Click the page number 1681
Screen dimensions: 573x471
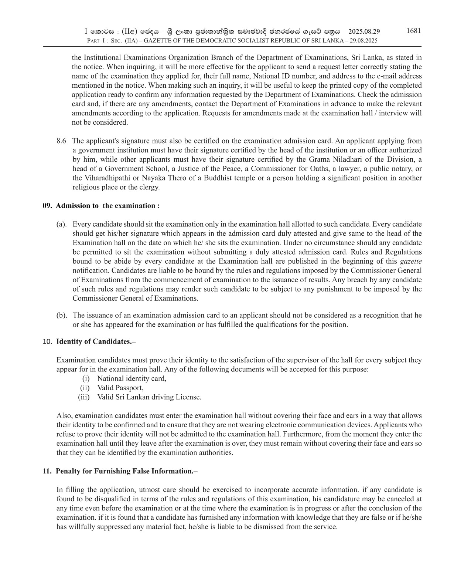point(413,31)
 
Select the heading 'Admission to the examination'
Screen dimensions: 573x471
point(107,206)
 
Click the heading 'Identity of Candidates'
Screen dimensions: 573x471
point(96,341)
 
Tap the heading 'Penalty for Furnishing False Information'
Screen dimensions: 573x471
point(127,471)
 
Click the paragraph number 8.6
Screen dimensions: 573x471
point(61,141)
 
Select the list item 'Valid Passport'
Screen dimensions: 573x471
point(120,388)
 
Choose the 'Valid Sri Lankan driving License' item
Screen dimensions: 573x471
point(149,397)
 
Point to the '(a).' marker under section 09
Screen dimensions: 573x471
point(61,224)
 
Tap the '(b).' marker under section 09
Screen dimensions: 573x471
point(61,316)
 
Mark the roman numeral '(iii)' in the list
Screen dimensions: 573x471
point(84,397)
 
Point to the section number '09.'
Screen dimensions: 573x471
point(47,206)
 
